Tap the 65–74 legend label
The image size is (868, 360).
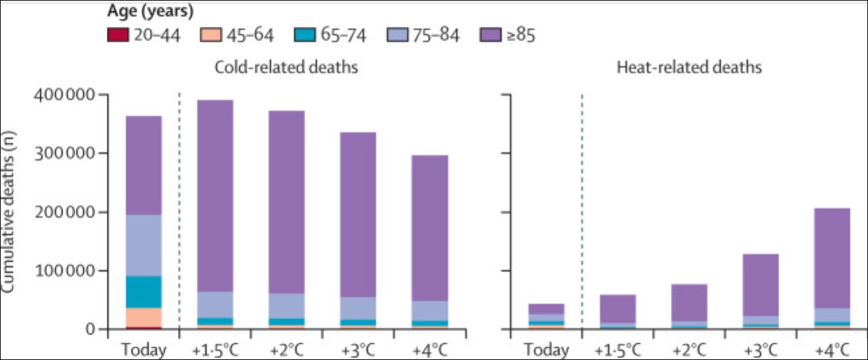pyautogui.click(x=343, y=35)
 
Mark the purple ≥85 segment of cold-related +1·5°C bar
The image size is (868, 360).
pyautogui.click(x=215, y=195)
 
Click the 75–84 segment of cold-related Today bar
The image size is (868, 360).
pyautogui.click(x=144, y=245)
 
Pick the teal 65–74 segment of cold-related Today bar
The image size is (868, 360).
pyautogui.click(x=144, y=291)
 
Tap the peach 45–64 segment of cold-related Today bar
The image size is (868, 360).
pyautogui.click(x=144, y=316)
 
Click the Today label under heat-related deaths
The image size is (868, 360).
pyautogui.click(x=546, y=349)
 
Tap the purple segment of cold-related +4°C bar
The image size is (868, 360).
pyautogui.click(x=430, y=228)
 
